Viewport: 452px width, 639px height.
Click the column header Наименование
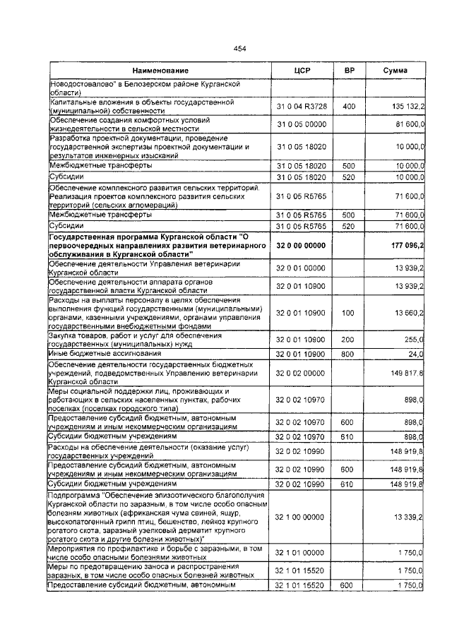point(160,71)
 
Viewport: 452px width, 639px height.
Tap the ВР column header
point(349,71)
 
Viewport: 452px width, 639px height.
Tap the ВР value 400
point(349,106)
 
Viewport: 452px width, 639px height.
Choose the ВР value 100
point(349,312)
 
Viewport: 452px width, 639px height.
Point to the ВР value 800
point(349,353)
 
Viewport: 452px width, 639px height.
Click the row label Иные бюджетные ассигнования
point(97,353)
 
